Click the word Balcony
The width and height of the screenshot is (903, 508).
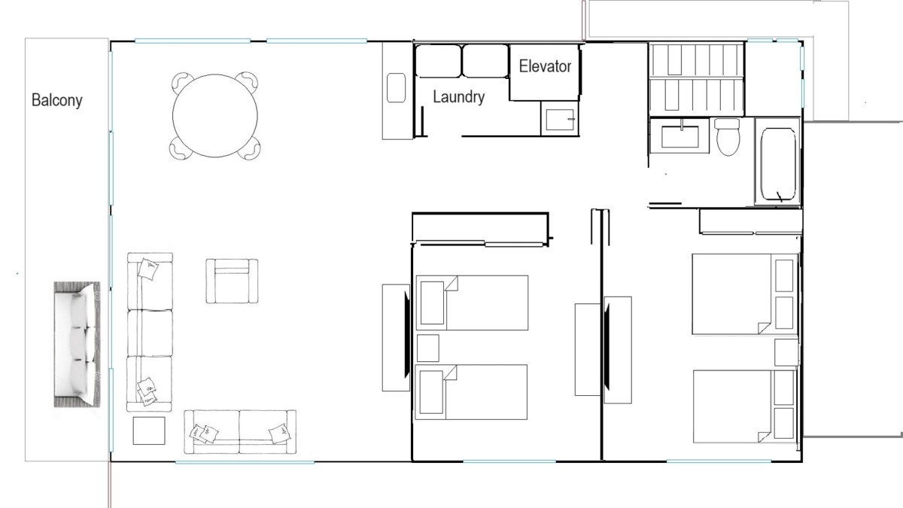[57, 100]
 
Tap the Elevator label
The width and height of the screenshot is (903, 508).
[545, 66]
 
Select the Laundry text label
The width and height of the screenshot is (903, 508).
[459, 97]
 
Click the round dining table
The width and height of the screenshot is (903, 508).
[215, 116]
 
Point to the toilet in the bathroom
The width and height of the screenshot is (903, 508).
[728, 137]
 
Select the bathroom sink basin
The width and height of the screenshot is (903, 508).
[680, 136]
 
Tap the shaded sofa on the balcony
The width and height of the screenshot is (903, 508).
[77, 345]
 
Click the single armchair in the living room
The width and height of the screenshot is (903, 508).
[232, 281]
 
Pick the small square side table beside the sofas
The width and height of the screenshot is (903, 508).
[149, 430]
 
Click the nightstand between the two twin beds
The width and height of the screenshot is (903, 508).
[427, 348]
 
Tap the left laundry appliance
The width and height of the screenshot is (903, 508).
[438, 61]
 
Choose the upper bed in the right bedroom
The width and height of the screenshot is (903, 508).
[744, 294]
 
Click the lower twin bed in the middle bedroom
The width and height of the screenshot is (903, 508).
[471, 392]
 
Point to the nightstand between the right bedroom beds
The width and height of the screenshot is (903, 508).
[786, 352]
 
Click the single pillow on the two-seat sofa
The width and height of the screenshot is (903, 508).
[280, 433]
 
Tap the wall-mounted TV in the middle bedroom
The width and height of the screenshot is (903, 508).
[408, 336]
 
